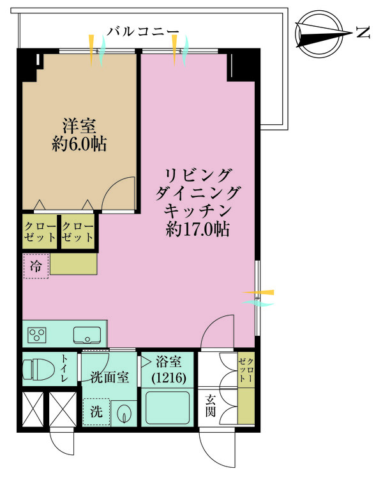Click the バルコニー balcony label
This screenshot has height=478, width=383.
coord(142,32)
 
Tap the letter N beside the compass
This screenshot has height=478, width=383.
coord(363,32)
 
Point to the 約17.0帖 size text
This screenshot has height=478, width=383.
coord(198,229)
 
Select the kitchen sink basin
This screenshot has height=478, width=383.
coord(87,335)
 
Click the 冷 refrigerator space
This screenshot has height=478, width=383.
coord(36,266)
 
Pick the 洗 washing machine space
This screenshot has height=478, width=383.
coord(96,412)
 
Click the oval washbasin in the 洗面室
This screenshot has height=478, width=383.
coord(124,414)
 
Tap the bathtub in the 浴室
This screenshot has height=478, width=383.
coord(167,408)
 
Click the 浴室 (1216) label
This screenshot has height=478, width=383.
coord(169,370)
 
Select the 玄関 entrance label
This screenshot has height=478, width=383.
coord(210,406)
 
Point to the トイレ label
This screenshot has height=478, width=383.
coord(64,368)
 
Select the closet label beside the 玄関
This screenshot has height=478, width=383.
coord(246,370)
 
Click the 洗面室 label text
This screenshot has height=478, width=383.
coord(110,377)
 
